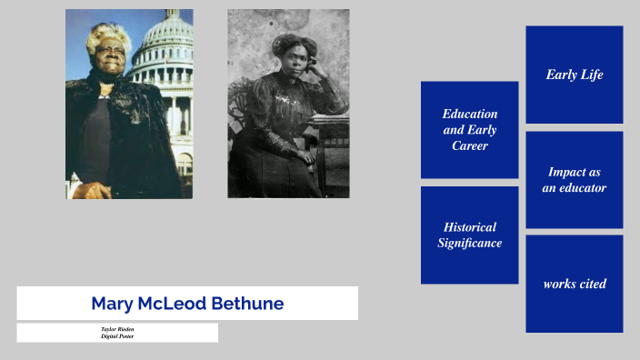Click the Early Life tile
pos(574,75)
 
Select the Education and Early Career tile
pos(469,129)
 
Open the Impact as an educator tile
pos(574,179)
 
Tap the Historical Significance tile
pos(469,235)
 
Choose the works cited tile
pos(574,284)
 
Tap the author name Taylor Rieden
pos(117,329)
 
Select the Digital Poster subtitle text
pos(117,336)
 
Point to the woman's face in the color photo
pos(107,58)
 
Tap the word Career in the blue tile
pos(470,145)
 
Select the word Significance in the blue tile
pos(469,244)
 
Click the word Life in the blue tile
pos(592,75)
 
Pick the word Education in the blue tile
pos(470,114)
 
